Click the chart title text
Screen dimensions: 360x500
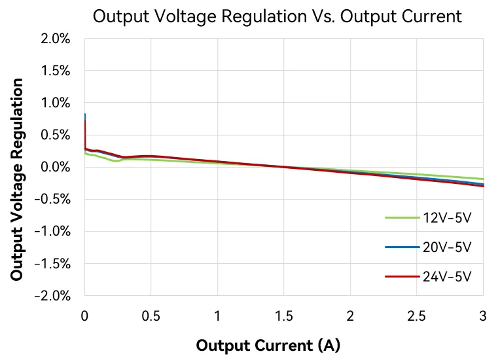pos(277,16)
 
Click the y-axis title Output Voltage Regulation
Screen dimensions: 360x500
pos(17,180)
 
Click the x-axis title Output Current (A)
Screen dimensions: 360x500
pos(268,345)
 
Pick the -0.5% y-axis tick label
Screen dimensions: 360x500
pos(52,199)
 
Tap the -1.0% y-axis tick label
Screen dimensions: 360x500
pos(52,231)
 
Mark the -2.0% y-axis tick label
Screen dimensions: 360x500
pos(52,295)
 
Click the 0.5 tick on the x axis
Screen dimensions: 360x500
pos(151,315)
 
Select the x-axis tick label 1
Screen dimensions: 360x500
pos(217,315)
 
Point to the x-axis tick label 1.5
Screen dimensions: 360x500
pos(284,315)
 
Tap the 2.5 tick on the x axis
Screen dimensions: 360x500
pos(417,315)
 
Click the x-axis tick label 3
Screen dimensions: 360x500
pos(483,315)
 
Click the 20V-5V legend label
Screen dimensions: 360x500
pos(447,247)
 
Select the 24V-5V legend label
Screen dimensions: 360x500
pos(447,276)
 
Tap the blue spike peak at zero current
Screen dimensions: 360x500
pos(85,115)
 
